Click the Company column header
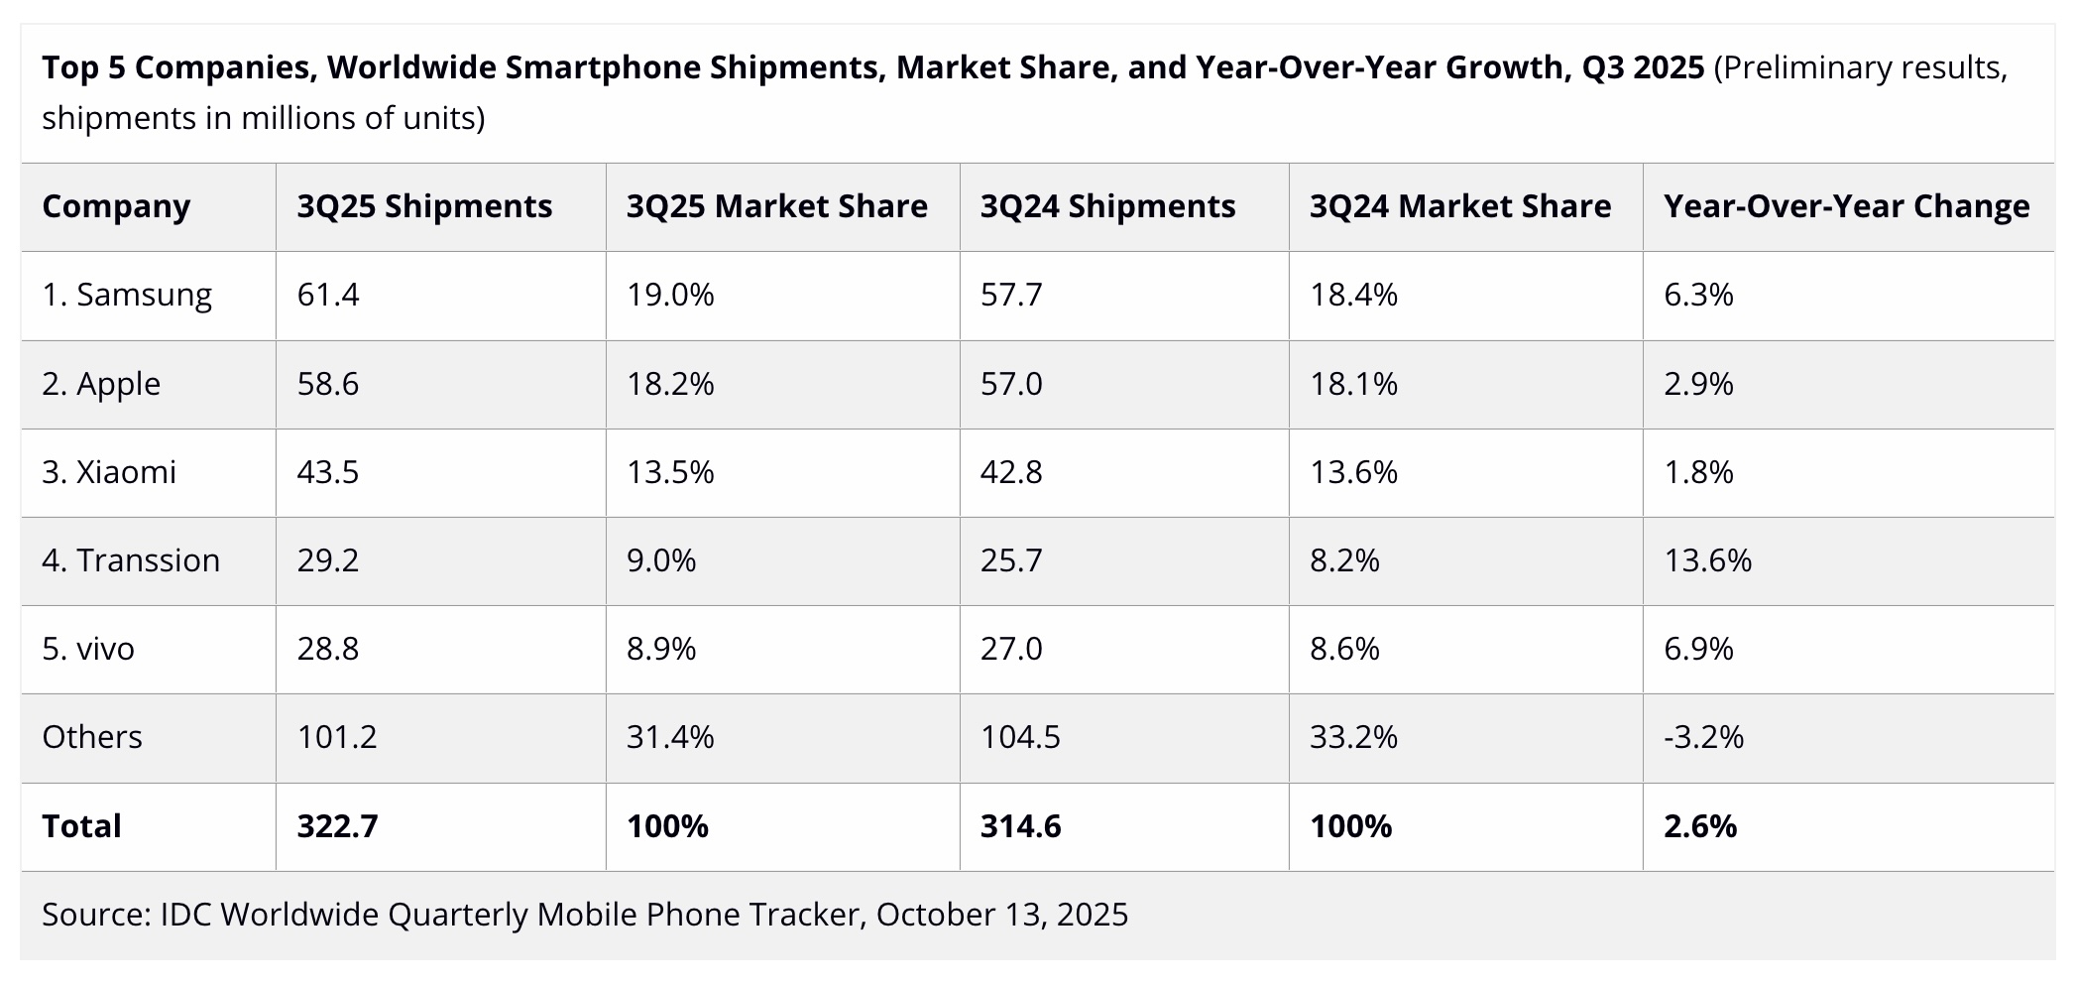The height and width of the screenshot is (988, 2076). point(116,206)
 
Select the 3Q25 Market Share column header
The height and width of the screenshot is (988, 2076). point(776,206)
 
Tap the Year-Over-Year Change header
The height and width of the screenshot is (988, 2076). point(1846,206)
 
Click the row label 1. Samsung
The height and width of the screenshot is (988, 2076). point(127,295)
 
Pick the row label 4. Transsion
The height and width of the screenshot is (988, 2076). point(131,560)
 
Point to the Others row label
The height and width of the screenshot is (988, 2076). point(92,737)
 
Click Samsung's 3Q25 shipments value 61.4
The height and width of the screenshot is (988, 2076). point(328,295)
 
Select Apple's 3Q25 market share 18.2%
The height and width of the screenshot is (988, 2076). point(670,384)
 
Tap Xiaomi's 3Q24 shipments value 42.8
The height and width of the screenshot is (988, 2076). point(1011,472)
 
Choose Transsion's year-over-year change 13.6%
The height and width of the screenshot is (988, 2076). point(1707,560)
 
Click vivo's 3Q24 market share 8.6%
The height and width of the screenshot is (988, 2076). point(1344,649)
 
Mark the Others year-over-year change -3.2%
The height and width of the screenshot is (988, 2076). point(1703,737)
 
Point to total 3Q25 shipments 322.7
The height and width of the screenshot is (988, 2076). point(337,826)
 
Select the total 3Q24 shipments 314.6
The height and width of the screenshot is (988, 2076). point(1020,826)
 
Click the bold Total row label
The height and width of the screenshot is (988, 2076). point(81,826)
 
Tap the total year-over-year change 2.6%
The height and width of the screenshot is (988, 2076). point(1700,826)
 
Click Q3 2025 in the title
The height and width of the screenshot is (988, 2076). point(1643,67)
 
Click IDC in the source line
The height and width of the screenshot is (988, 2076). point(185,915)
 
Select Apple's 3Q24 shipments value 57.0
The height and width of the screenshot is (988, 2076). point(1011,384)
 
